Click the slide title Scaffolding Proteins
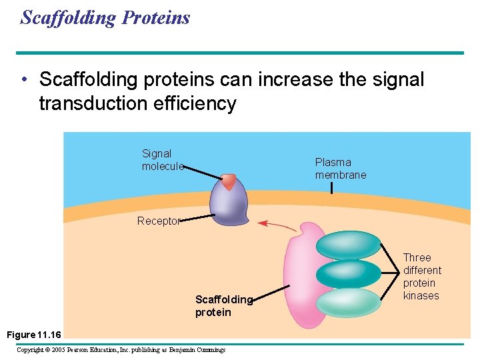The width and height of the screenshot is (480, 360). (x=105, y=17)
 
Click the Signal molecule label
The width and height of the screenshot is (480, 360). (x=161, y=160)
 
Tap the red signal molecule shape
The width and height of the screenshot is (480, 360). (x=229, y=181)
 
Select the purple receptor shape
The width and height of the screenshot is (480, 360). (x=229, y=205)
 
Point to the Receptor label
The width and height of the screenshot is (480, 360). (x=158, y=221)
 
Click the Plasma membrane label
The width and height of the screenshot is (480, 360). (x=340, y=168)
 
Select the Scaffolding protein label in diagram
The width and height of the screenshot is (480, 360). (x=223, y=306)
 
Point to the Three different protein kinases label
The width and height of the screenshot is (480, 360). (x=421, y=276)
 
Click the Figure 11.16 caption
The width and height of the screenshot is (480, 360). (x=34, y=334)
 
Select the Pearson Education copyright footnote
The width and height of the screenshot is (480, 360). (x=121, y=349)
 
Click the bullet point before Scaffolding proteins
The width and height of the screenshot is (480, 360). (x=25, y=81)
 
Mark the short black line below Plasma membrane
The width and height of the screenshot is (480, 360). (x=331, y=188)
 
